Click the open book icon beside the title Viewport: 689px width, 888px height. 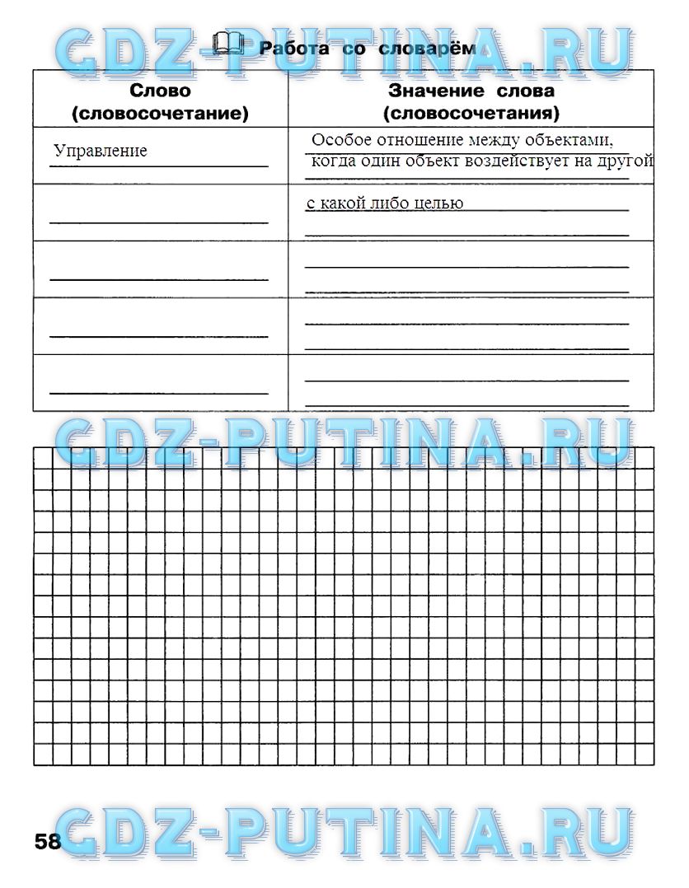coord(228,43)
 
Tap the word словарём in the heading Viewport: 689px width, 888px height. coord(434,49)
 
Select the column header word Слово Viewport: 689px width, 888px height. coord(160,91)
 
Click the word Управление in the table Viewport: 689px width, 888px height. coord(101,151)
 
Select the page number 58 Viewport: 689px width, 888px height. coord(48,841)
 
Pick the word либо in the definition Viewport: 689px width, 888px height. coord(390,203)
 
